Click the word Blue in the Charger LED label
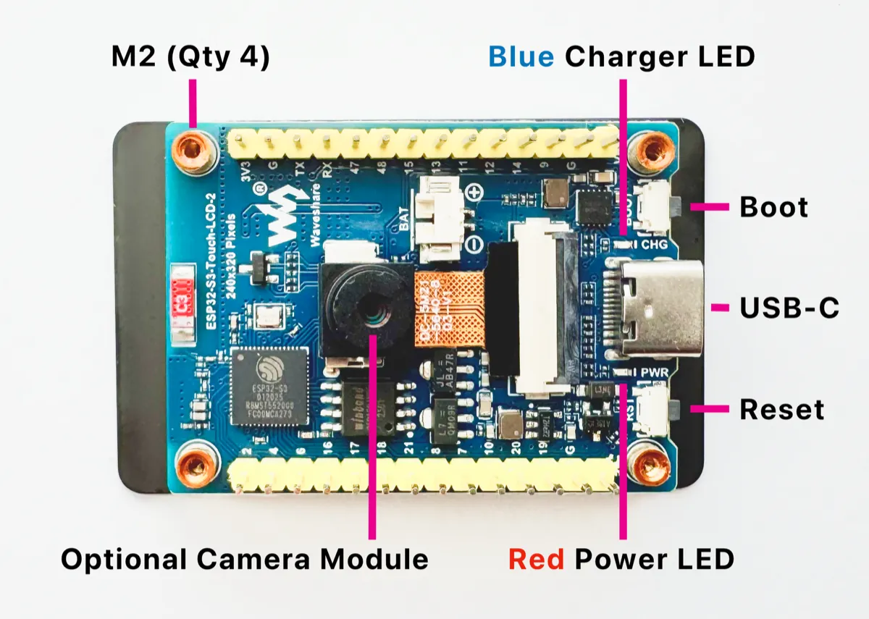[522, 56]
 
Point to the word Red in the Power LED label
[536, 559]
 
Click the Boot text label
[773, 207]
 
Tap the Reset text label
[781, 410]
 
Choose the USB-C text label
[789, 308]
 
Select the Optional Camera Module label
[244, 559]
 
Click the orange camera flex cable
[442, 308]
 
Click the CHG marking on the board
[655, 245]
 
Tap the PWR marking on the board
[655, 372]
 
